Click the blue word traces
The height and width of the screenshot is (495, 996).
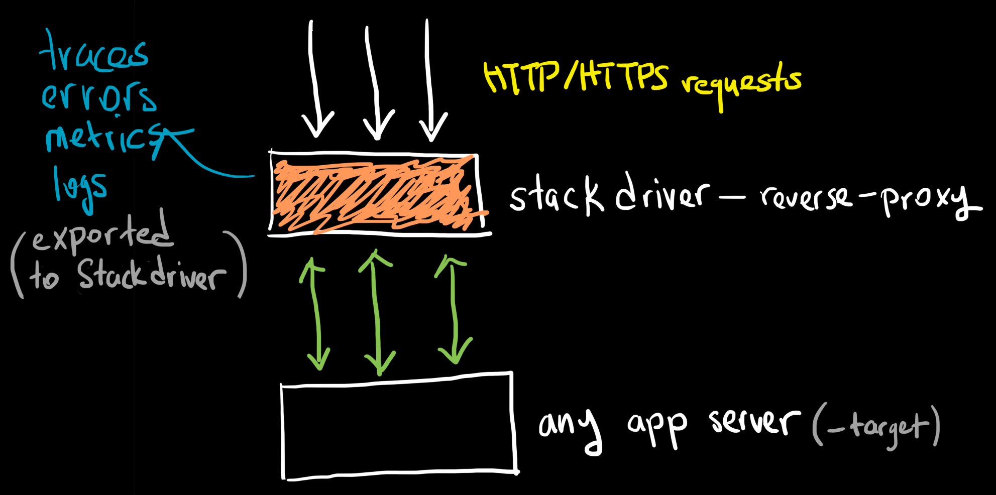click(94, 54)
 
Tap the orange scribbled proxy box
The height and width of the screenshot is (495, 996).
click(374, 193)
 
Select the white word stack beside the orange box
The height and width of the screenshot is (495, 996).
click(555, 196)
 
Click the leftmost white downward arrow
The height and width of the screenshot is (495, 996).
click(315, 80)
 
